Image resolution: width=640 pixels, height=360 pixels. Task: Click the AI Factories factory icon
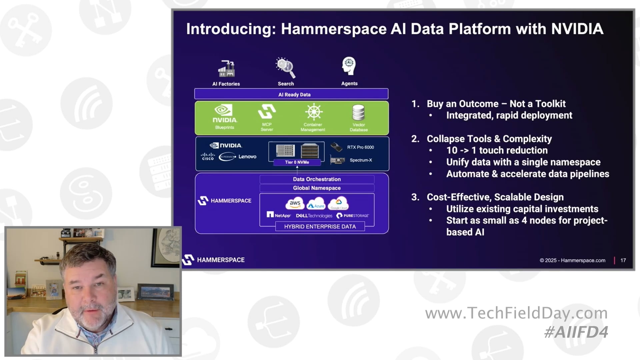point(226,69)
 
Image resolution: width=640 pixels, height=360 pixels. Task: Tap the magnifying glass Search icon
point(286,68)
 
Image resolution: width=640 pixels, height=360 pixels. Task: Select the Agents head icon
point(349,66)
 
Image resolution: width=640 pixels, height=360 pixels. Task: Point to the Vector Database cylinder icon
point(359,113)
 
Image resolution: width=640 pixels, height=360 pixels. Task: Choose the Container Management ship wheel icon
point(313,112)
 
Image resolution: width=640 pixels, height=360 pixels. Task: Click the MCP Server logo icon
point(267,112)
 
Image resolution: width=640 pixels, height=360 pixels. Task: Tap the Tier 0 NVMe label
point(297,162)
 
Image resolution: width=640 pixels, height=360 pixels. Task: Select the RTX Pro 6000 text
point(360,147)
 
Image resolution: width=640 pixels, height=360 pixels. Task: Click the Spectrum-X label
point(361,160)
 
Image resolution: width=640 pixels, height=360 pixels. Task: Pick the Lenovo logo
point(247,157)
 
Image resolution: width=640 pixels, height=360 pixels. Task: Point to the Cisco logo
point(208,157)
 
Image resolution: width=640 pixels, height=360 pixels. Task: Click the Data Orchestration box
point(317,179)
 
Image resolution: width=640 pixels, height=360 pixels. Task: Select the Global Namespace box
point(317,188)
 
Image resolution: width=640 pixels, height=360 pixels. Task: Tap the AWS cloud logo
point(295,204)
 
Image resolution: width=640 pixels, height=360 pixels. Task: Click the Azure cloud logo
point(316,204)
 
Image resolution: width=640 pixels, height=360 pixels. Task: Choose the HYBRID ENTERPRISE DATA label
point(320,227)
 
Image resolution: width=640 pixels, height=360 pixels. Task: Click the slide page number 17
point(623,260)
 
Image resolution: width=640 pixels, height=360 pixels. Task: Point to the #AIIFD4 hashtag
point(576,332)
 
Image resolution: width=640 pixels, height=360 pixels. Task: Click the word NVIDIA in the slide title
point(577,29)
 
